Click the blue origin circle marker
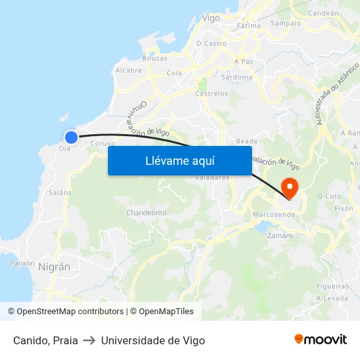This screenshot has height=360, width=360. pos(71,137)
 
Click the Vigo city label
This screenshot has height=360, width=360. pos(211,18)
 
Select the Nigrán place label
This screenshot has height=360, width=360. pos(54,266)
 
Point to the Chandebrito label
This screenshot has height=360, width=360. pos(147,213)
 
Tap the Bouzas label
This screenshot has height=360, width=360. pos(154,58)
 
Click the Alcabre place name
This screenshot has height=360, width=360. pos(128,70)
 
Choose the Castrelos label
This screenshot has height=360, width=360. pos(212,94)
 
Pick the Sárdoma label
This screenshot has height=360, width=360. pos(237,77)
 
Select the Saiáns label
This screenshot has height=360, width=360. pos(60,192)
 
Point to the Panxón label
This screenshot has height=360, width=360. pos(22,262)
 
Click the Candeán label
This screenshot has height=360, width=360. pos(323,12)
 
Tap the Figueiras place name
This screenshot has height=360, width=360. pos(332,286)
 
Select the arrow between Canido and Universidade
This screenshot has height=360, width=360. pos(90,340)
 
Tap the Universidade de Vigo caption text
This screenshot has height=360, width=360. pos(153,340)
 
